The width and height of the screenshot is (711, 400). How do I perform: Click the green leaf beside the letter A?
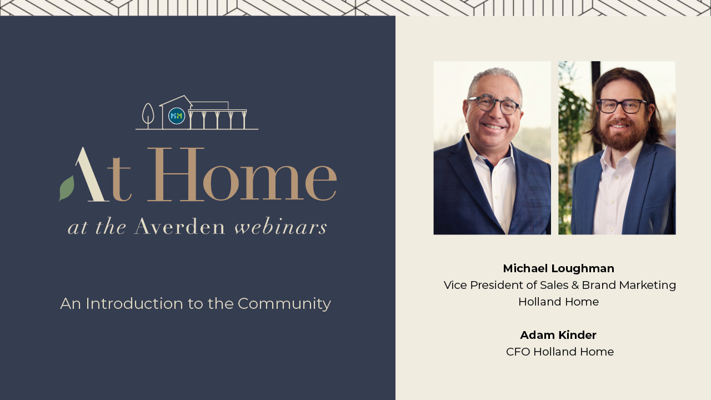(x=67, y=188)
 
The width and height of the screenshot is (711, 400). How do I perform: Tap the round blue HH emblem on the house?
(x=177, y=116)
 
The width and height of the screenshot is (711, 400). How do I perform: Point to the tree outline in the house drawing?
(x=148, y=114)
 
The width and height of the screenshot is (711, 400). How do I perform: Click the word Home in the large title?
(x=242, y=174)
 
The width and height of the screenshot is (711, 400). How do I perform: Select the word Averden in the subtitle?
(x=180, y=227)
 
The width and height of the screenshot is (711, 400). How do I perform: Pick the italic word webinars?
(x=281, y=227)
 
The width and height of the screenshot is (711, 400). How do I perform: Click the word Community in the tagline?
(x=284, y=304)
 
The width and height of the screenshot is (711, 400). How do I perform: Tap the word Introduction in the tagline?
(x=134, y=303)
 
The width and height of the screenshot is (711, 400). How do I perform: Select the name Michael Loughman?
(x=559, y=268)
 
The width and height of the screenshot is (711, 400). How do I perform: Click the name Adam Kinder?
(x=558, y=335)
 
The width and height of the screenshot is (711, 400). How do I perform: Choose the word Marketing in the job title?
(x=648, y=286)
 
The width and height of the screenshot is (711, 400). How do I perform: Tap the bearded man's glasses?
(x=621, y=106)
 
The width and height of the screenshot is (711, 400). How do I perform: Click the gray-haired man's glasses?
(x=494, y=105)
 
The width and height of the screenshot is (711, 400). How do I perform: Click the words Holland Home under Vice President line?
(x=559, y=302)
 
